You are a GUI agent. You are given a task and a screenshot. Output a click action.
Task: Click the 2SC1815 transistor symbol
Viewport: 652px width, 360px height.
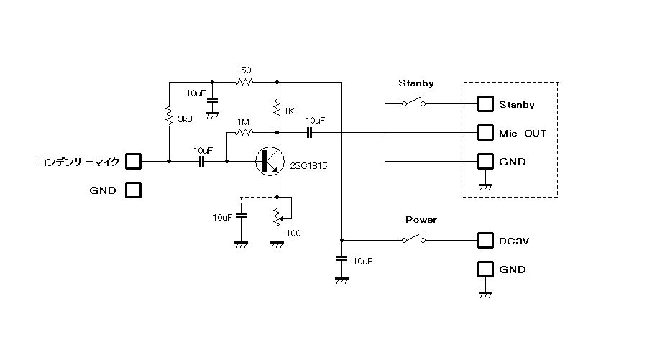270,161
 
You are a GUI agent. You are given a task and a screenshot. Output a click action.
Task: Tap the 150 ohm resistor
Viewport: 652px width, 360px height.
244,83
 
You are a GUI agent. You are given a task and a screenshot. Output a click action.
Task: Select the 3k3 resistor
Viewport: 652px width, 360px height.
169,115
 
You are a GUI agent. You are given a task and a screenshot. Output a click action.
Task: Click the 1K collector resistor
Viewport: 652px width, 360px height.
277,108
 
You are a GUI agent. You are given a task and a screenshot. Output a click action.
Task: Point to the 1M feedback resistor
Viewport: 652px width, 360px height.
244,133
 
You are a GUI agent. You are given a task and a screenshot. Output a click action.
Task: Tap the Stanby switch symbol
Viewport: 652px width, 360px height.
414,102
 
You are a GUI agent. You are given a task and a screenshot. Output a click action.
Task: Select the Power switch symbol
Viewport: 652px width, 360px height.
414,239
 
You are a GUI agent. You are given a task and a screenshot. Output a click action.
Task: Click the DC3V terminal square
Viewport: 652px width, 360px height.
485,240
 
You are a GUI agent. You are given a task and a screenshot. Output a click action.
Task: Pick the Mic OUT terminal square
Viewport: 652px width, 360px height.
485,133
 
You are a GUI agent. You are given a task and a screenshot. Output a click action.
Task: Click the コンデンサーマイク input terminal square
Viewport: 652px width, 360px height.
133,161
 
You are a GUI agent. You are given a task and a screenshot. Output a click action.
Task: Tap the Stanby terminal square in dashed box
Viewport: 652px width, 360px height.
485,104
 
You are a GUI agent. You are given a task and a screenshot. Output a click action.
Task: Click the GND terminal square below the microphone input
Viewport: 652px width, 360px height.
133,190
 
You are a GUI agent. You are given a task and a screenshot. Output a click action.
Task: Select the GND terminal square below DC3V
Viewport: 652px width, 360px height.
485,269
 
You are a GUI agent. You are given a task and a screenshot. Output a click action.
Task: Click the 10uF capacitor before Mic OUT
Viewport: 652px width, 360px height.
309,133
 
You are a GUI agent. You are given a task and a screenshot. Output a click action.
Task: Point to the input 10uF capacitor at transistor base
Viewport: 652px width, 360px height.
202,161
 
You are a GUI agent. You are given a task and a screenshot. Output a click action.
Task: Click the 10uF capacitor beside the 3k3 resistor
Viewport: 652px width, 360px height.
213,100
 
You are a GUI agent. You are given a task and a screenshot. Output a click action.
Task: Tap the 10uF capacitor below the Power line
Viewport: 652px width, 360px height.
341,259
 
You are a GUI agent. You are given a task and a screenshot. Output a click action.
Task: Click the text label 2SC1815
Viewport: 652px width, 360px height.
308,165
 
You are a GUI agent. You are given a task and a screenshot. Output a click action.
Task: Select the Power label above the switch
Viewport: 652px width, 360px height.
421,219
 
